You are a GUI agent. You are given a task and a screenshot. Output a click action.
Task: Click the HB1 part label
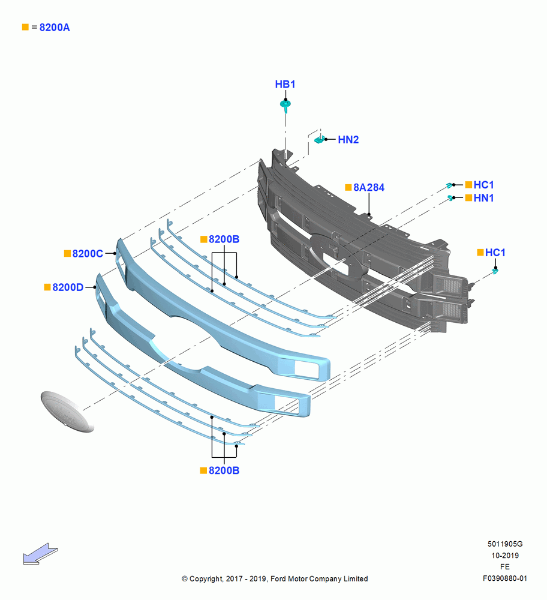(285, 84)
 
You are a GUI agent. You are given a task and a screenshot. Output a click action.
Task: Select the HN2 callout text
(348, 140)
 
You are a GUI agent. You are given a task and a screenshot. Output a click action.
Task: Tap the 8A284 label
(369, 187)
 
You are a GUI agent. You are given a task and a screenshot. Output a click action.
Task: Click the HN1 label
(483, 198)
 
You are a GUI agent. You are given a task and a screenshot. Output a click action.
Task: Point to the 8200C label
(88, 254)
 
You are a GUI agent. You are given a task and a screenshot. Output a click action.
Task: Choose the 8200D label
(68, 287)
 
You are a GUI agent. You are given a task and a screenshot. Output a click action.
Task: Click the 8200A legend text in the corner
(55, 28)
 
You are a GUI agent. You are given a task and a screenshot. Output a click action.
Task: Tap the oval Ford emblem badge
(67, 412)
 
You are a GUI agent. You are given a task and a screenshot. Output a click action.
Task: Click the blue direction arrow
(40, 554)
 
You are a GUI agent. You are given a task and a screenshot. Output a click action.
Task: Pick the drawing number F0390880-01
(505, 578)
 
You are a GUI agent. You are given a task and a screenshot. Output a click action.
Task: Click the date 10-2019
(505, 556)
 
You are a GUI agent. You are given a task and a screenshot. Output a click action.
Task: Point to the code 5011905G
(505, 544)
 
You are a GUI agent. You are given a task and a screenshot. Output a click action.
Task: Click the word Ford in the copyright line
(278, 579)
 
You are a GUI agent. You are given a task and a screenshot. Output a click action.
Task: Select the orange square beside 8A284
(348, 187)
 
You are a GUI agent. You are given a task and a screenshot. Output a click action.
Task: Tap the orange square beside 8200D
(47, 287)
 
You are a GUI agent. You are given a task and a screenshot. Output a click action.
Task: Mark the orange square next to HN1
(468, 198)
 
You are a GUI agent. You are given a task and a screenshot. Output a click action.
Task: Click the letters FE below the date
(505, 567)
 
